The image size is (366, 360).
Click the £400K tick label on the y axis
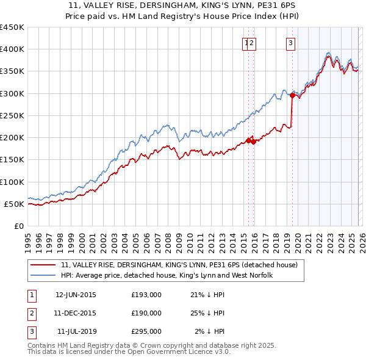pos(12,49)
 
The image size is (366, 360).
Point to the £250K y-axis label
pos(12,115)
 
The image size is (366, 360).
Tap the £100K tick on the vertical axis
pos(12,182)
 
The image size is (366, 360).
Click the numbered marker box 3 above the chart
pos(290,43)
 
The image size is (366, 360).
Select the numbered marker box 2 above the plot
pos(251,43)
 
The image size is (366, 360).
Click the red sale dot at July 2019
pos(292,95)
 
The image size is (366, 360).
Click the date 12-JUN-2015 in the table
pos(76,295)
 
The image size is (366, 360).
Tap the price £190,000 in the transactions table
pos(146,313)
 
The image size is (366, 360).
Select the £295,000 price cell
pos(146,331)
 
